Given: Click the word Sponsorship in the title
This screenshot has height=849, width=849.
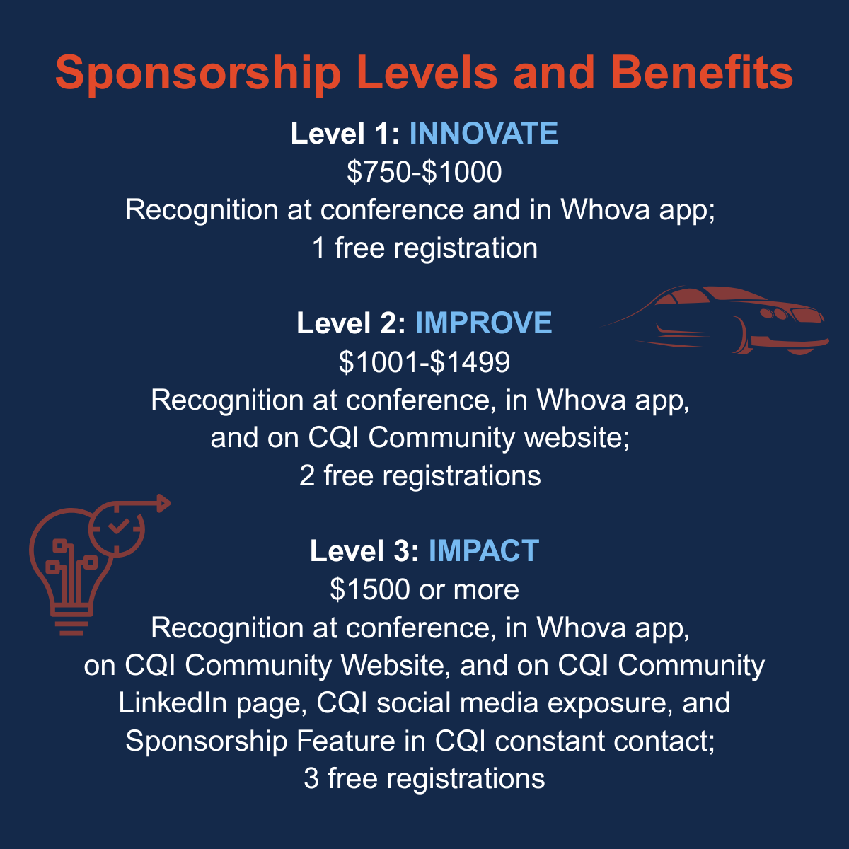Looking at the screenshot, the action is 198,74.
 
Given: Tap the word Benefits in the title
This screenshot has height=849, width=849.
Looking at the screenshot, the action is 702,72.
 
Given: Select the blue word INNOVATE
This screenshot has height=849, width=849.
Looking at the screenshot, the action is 483,133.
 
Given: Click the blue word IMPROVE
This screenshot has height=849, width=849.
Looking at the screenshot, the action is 483,323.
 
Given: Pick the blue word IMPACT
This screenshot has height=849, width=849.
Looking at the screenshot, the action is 483,550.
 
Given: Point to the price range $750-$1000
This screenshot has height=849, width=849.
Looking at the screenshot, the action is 424,172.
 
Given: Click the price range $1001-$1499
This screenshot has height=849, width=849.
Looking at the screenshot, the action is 424,362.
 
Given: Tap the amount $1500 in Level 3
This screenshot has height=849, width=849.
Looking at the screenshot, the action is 370,589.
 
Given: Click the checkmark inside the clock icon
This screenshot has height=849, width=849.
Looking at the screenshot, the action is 117,526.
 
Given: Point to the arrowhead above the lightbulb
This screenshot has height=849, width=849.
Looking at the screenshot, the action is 163,503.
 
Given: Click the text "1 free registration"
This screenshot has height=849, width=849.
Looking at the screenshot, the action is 424,248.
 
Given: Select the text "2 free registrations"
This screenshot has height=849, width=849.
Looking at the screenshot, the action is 420,476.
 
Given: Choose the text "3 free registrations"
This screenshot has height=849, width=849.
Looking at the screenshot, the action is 424,779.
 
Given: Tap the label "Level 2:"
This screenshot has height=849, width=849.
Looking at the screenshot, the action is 351,323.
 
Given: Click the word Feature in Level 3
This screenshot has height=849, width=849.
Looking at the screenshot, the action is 345,741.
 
